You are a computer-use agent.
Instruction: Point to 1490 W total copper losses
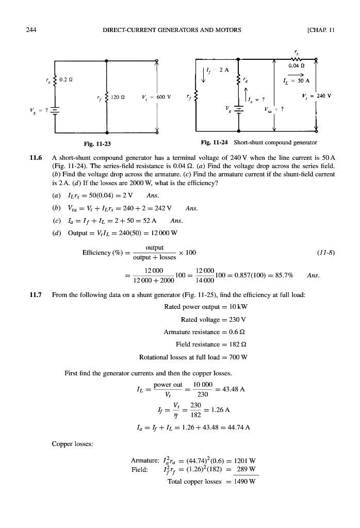244,482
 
